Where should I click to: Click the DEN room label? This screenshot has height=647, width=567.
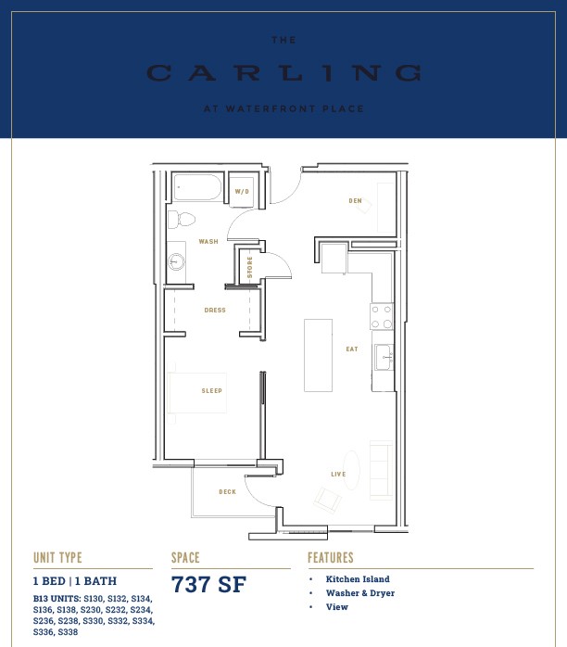click(355, 200)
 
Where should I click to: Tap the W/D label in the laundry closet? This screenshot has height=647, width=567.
click(242, 192)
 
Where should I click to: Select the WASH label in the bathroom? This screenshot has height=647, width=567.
click(208, 241)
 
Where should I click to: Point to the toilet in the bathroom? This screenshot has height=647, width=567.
click(182, 220)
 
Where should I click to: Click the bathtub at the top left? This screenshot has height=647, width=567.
click(197, 188)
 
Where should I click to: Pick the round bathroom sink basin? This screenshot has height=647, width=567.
click(176, 261)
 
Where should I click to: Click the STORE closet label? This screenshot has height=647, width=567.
click(249, 267)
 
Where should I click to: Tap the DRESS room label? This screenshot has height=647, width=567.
click(215, 310)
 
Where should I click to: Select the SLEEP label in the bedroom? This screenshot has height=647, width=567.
click(211, 390)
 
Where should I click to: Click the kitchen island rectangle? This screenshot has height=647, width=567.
click(319, 355)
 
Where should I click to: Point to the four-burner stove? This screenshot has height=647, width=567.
click(382, 316)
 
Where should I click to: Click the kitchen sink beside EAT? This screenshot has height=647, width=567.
click(384, 358)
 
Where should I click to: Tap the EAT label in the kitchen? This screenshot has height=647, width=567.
click(352, 349)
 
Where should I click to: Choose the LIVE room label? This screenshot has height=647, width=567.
click(338, 474)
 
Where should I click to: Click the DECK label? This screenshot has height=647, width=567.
click(227, 492)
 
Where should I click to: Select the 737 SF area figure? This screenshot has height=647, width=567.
click(208, 584)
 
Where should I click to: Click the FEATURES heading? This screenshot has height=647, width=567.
click(331, 557)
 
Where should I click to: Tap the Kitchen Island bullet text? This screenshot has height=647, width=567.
click(358, 579)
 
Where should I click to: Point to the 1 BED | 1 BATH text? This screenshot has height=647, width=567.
click(75, 581)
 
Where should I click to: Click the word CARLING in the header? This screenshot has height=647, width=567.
click(283, 73)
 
